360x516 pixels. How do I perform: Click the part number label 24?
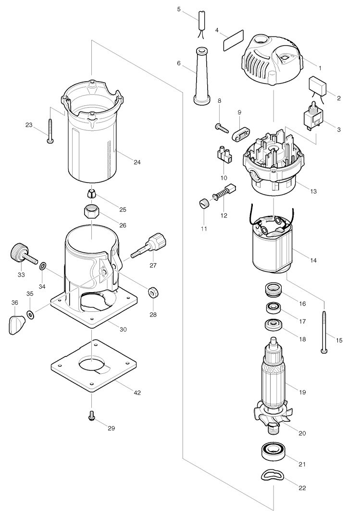(x=137, y=162)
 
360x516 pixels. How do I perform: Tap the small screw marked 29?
(x=91, y=417)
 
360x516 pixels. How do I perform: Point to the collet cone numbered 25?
(x=91, y=195)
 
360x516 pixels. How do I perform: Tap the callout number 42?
(x=137, y=393)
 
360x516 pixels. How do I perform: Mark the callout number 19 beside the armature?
(x=302, y=392)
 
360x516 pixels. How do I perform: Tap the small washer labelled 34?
(x=42, y=265)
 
